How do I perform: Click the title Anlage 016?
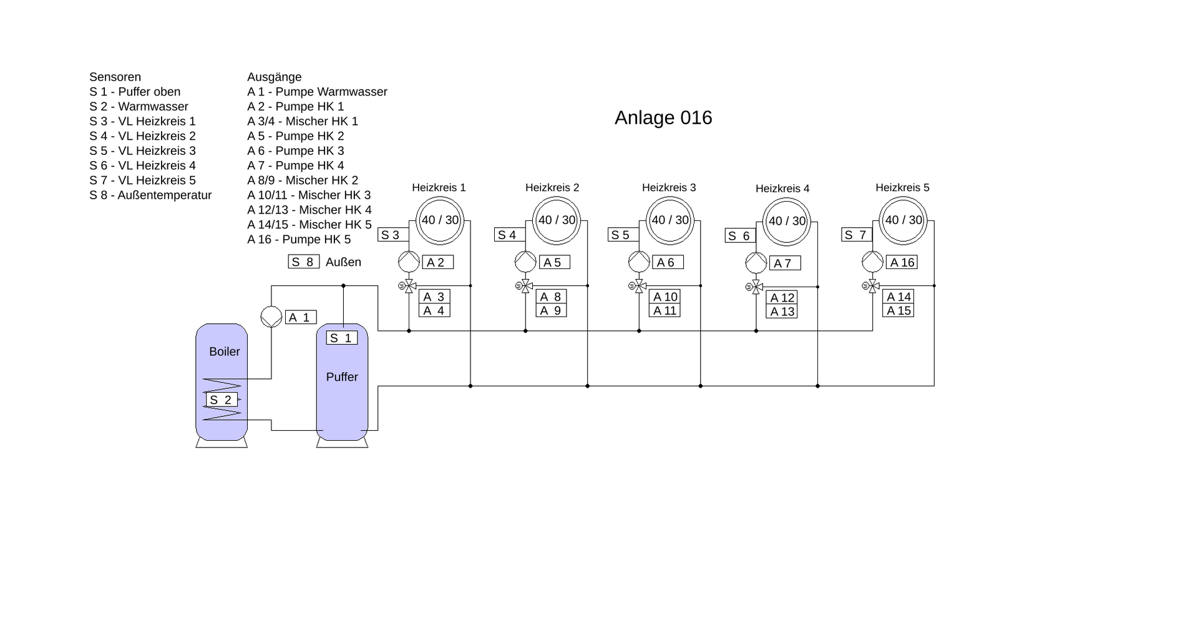click(663, 118)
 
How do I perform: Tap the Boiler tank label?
click(224, 351)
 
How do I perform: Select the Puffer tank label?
click(342, 377)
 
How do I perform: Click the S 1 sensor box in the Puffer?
click(342, 338)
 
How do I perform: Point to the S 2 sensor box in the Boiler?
click(222, 400)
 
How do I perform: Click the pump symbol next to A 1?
click(271, 316)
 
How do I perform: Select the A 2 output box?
click(437, 262)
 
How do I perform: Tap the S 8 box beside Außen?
click(303, 262)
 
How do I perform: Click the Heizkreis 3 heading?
click(669, 187)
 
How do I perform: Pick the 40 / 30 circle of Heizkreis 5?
click(903, 220)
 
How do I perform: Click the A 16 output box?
click(902, 262)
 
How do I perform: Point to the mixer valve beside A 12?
click(756, 287)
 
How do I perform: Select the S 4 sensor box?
click(510, 235)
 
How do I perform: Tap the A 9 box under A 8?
click(551, 310)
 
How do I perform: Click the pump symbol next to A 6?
click(639, 262)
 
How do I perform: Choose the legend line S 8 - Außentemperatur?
click(150, 195)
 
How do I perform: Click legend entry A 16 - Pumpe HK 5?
click(299, 239)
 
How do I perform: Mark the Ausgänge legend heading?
click(275, 77)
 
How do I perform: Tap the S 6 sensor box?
click(741, 235)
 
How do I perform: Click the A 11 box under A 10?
click(665, 310)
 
